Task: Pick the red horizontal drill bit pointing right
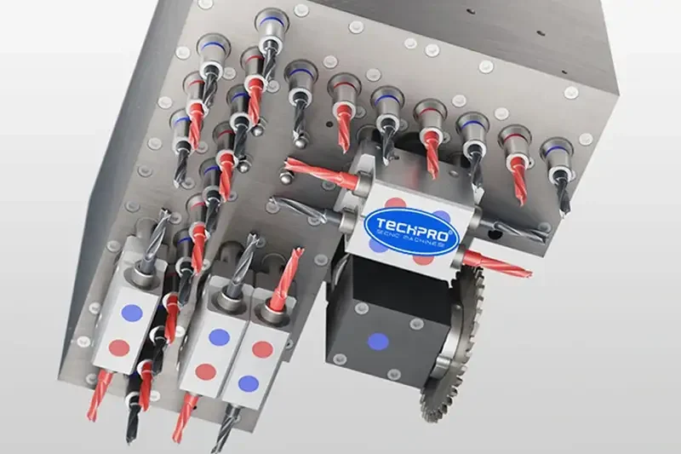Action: pyautogui.click(x=497, y=265)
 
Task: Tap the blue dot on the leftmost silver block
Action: pyautogui.click(x=129, y=312)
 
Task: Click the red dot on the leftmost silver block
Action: pyautogui.click(x=119, y=348)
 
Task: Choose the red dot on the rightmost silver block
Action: pyautogui.click(x=262, y=349)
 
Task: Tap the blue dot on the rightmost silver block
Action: pyautogui.click(x=248, y=383)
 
